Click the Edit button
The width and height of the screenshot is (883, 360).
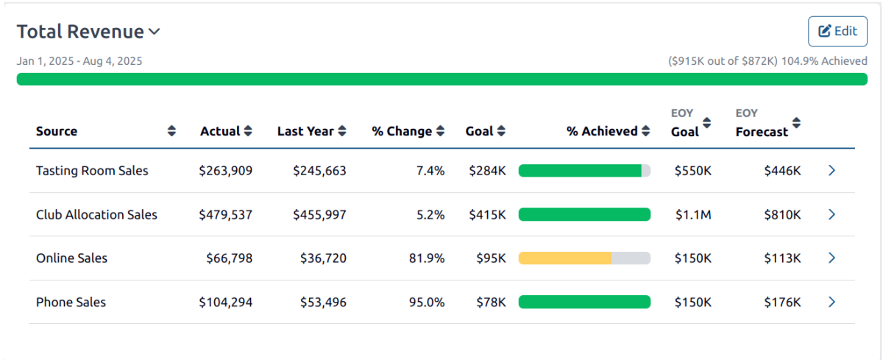[x=837, y=31]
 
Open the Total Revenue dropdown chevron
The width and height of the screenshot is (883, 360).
[x=154, y=32]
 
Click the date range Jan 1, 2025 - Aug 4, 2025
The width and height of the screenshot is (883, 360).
[x=79, y=61]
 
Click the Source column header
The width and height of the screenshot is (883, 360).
[x=57, y=131]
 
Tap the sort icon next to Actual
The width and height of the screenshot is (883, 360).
[x=248, y=131]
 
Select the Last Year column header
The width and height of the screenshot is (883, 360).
[x=305, y=131]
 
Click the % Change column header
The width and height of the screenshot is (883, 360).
[x=401, y=131]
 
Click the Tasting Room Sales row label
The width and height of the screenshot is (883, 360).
[x=92, y=171]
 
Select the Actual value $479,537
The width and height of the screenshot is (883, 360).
[x=226, y=215]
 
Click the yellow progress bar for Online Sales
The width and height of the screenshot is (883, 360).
[x=565, y=258]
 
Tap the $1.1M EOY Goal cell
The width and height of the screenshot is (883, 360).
[x=693, y=215]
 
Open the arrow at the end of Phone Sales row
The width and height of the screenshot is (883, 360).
[x=831, y=303]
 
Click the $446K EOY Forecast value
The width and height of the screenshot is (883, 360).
[x=782, y=171]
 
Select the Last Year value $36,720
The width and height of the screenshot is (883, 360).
[x=323, y=258]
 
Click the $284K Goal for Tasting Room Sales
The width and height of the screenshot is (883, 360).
[x=487, y=171]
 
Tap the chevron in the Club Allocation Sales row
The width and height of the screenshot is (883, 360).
[x=831, y=215]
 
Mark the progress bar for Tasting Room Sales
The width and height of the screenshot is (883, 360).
[x=584, y=171]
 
